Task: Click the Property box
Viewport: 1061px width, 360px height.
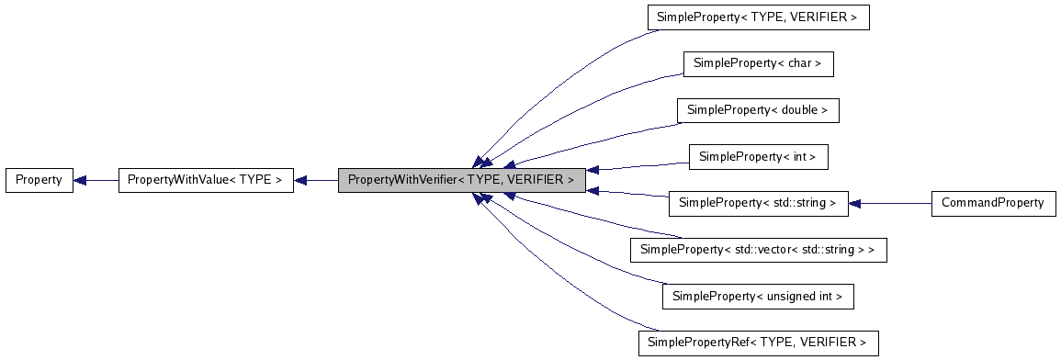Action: coord(39,180)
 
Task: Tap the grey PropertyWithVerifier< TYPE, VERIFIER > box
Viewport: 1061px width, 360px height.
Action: coord(461,180)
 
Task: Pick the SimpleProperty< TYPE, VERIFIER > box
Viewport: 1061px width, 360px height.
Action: coord(758,17)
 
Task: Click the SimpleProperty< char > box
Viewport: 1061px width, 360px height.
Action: coord(758,63)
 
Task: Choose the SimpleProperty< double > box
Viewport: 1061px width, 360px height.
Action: coord(758,110)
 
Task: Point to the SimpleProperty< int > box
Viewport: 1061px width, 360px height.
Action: coord(758,157)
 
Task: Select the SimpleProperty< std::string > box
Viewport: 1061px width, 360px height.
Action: coord(758,203)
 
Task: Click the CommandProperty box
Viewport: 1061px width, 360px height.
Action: coord(992,203)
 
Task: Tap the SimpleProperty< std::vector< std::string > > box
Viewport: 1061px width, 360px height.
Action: coord(758,250)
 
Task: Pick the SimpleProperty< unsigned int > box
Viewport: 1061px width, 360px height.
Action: coord(758,297)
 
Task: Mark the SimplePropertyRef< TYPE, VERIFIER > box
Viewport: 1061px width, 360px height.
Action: coord(758,343)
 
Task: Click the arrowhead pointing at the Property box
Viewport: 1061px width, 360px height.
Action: coord(80,180)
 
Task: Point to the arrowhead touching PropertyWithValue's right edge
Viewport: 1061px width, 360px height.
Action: coord(300,180)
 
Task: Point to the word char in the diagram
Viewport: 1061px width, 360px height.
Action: coord(800,63)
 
